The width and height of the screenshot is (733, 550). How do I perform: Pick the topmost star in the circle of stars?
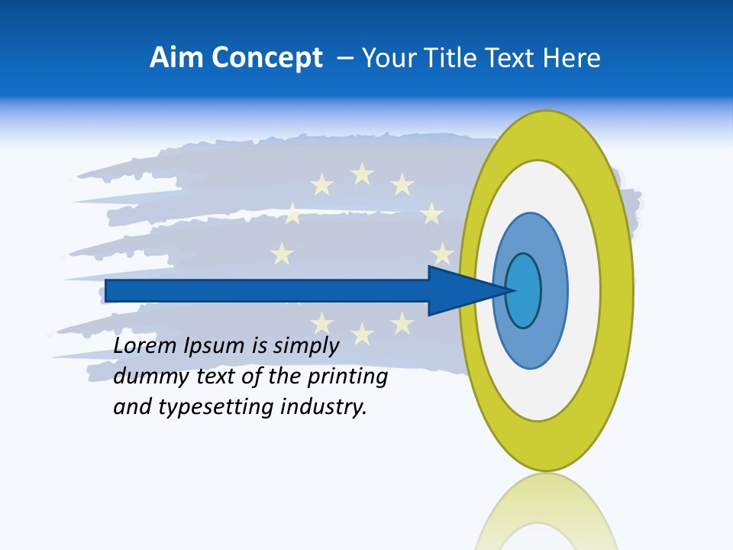click(362, 174)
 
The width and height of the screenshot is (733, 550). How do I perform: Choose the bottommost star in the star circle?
click(362, 333)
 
